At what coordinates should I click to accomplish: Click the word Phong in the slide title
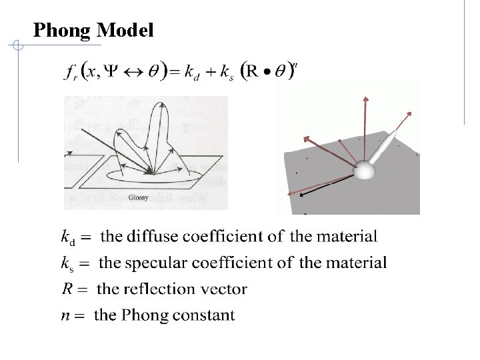(x=62, y=30)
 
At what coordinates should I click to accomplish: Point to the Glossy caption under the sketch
(x=139, y=197)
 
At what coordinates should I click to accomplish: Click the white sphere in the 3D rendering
(x=365, y=171)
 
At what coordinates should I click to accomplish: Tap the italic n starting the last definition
(x=65, y=315)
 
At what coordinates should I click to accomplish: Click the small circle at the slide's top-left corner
(x=19, y=47)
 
